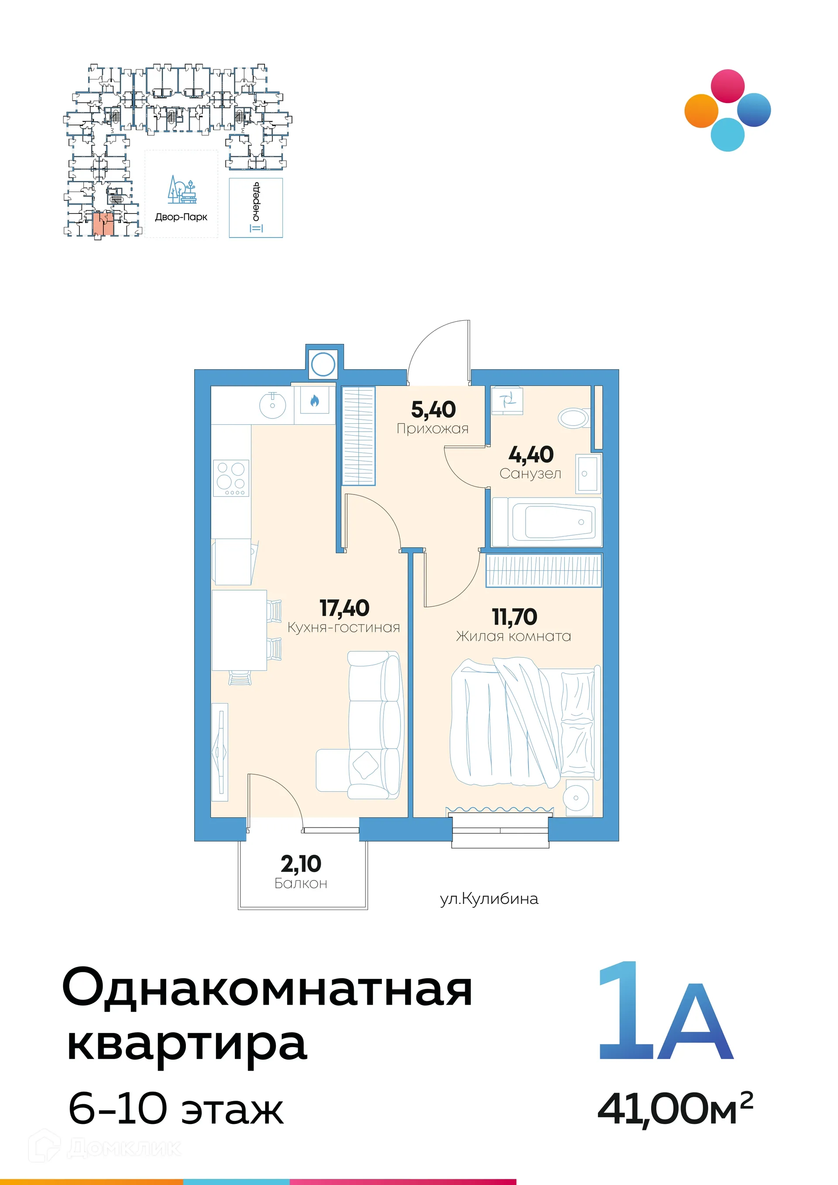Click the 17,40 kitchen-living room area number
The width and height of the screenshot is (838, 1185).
(x=344, y=608)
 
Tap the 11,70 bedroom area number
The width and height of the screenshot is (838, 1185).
(x=515, y=617)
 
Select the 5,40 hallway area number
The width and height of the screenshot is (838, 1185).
(x=433, y=410)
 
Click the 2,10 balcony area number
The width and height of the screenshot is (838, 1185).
(x=301, y=864)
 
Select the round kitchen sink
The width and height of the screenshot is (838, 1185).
(x=272, y=404)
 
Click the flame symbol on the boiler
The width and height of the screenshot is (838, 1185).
(x=314, y=401)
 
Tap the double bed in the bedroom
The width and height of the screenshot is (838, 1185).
(x=525, y=722)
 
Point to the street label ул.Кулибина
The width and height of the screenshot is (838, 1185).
(x=489, y=899)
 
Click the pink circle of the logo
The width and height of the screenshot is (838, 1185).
(x=728, y=86)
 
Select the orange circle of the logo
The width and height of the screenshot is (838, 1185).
(x=701, y=110)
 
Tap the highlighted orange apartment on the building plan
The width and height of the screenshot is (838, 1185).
(x=103, y=224)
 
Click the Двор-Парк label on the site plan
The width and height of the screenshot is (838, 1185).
(x=181, y=217)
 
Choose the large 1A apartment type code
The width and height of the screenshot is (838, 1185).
(x=666, y=1014)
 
